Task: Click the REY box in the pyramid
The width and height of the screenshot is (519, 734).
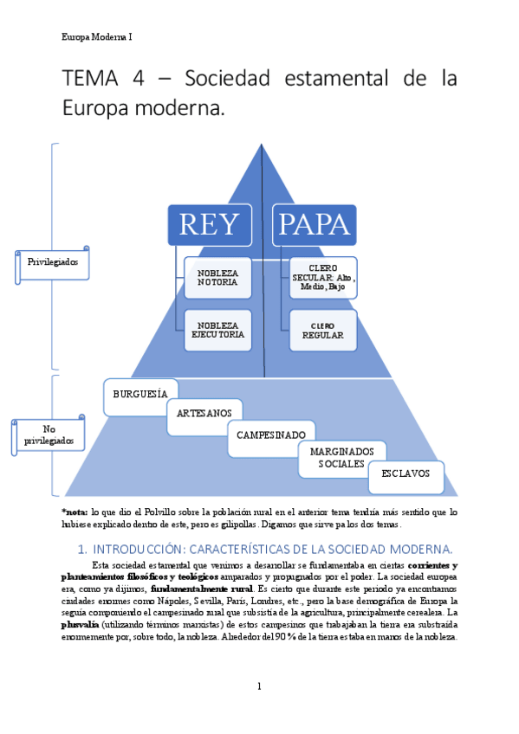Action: tap(209, 225)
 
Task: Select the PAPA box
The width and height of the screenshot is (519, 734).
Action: tap(313, 225)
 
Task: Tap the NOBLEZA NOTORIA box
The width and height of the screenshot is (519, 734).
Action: tap(217, 278)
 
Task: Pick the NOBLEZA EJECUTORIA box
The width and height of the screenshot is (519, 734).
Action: tap(217, 330)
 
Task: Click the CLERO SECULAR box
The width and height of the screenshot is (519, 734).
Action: tap(322, 278)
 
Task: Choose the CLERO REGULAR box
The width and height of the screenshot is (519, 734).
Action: tap(322, 330)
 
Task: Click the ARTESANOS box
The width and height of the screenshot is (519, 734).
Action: tap(204, 414)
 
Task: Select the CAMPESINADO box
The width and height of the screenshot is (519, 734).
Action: tap(271, 435)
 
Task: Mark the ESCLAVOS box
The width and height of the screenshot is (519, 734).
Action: tap(405, 475)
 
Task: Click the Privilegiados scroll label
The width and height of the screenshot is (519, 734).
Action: tap(54, 261)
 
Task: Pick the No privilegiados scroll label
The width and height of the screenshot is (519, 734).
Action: tap(49, 435)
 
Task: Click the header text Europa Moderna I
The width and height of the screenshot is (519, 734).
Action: tap(97, 37)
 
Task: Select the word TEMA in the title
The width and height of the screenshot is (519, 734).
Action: tap(90, 79)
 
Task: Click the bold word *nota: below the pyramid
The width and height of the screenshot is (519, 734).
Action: tap(75, 512)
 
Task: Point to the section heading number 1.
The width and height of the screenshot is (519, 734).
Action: tap(82, 549)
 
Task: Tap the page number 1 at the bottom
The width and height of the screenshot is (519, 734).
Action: tap(259, 686)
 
